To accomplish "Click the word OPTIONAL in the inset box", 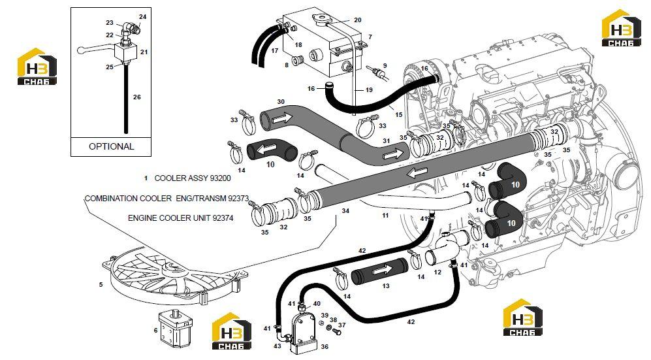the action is [111, 146].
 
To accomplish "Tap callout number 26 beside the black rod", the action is [137, 97].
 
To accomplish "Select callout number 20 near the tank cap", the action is [357, 20].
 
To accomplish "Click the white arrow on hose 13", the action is [382, 270].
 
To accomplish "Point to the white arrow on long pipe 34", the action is [417, 172].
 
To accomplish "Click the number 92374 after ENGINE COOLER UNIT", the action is [223, 218].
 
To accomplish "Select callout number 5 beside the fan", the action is [101, 285].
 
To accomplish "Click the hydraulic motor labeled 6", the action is [176, 329].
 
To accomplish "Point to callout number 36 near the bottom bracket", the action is [325, 347].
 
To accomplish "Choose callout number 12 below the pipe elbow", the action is [437, 272].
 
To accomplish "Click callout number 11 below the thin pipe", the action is [385, 216].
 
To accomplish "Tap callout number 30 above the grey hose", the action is [281, 102].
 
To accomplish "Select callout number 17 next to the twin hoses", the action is [274, 51].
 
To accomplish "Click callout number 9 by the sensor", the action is [385, 65].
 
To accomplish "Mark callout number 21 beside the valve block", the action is [144, 52].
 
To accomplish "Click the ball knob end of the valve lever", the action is [81, 50].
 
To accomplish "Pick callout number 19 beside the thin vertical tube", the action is [369, 90].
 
